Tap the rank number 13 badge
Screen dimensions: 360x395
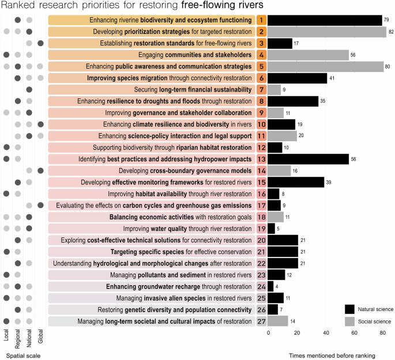(x=261, y=159)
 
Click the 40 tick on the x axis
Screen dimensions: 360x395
(x=326, y=333)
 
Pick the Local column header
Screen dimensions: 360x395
(x=6, y=336)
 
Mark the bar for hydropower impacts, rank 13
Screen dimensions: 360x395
(x=309, y=159)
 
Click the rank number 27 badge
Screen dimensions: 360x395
(x=261, y=321)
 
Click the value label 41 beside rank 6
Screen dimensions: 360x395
(x=332, y=78)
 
